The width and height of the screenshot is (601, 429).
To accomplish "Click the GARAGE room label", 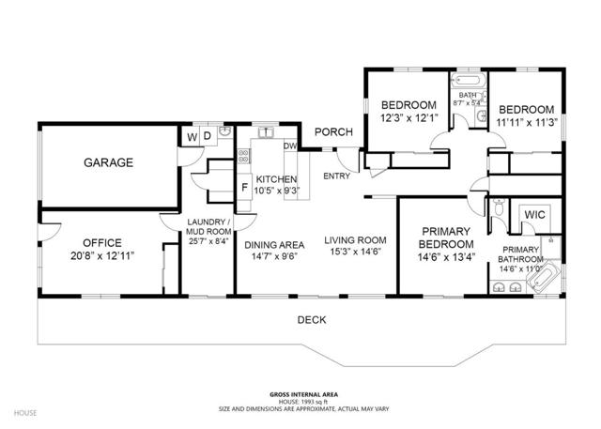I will coord(108,162).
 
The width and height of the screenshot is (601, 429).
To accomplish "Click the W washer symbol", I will coord(193,137).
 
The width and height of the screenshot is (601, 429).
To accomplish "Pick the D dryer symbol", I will coord(208,137).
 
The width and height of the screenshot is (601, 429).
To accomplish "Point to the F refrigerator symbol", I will coord(244,187).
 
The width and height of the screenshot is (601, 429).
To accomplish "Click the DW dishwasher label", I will coord(290,146).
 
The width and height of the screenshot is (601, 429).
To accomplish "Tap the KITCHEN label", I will coord(277,180).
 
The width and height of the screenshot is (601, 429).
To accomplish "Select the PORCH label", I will coord(332,132).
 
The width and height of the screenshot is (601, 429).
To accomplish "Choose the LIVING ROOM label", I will coord(356,239).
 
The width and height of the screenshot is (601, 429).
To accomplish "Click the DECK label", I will coord(312,320).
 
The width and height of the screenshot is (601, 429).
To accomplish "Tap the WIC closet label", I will coord(534,215).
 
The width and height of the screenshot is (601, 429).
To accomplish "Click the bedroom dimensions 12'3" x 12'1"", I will coord(409,118).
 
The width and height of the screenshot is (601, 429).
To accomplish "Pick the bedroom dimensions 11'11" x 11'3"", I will coord(526,121).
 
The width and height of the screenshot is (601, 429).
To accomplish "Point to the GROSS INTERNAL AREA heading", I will coord(300,394).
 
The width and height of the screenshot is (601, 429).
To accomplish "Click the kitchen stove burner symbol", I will coord(242,160).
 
